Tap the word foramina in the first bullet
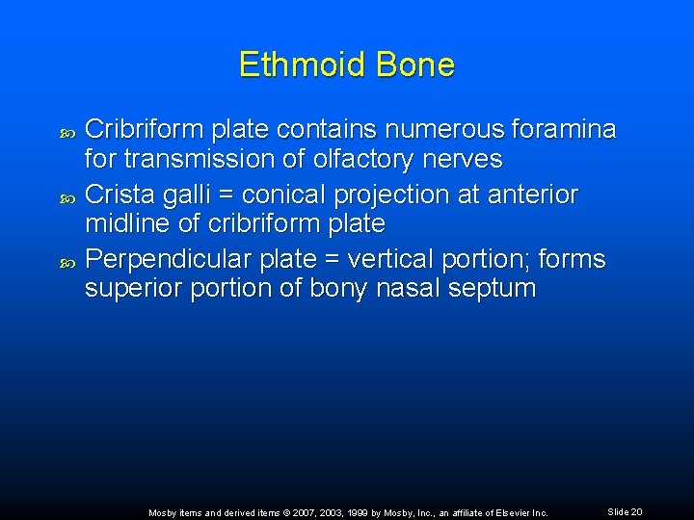560,129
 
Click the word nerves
460,158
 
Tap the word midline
127,223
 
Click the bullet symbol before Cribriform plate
67,130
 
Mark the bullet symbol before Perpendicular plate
67,261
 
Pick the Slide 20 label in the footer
625,511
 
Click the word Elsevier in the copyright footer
509,512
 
